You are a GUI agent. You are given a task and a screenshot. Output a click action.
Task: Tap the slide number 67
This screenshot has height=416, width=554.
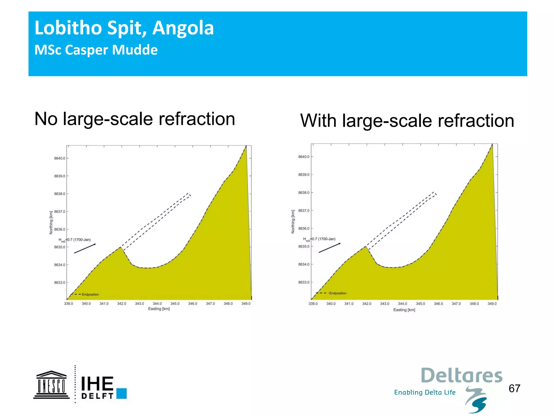tap(514, 388)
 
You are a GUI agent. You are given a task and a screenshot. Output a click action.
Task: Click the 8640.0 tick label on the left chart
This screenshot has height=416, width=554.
tap(60, 158)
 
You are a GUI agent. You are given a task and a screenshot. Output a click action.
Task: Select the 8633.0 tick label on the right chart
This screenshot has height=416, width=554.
tap(304, 282)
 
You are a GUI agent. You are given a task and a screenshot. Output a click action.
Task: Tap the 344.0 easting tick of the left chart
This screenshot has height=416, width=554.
tap(157, 304)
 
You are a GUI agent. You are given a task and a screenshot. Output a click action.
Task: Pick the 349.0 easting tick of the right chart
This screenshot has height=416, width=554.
tap(492, 304)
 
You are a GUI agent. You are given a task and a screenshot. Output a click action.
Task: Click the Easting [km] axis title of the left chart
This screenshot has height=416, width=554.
tap(159, 309)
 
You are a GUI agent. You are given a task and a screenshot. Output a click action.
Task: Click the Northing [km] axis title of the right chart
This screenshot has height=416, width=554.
tap(293, 222)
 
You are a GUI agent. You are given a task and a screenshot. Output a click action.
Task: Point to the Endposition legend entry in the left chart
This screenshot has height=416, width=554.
tap(90, 294)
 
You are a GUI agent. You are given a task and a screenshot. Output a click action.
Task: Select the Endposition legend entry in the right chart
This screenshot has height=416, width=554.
tap(338, 293)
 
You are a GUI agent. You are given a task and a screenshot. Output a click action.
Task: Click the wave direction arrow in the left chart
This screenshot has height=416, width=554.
tap(85, 248)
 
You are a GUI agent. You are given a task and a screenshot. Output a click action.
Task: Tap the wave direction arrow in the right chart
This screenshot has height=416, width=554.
tap(329, 248)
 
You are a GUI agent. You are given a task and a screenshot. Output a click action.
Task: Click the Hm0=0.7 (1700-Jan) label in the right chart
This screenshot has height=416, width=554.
tap(319, 239)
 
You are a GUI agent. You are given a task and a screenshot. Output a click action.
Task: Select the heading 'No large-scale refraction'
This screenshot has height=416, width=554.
tap(135, 119)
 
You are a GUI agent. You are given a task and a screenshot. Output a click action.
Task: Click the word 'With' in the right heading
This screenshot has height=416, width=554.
tap(319, 121)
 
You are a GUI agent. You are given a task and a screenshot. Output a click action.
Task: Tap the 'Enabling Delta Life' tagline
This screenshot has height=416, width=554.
tap(425, 392)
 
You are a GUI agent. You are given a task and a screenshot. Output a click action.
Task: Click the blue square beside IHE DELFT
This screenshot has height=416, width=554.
tap(121, 394)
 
